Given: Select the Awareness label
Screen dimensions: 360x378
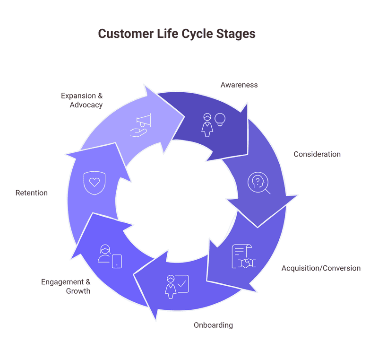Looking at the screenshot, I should coord(239,85).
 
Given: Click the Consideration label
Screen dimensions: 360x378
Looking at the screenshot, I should coord(317,154).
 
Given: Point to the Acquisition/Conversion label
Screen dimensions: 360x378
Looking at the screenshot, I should coord(321,268).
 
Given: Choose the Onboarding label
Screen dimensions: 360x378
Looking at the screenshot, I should coord(213,325).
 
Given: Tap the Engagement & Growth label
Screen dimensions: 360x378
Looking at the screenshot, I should coord(66,286).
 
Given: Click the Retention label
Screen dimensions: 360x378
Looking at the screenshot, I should coord(32,193).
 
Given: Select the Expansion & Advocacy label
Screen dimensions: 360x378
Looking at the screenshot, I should coord(82,100).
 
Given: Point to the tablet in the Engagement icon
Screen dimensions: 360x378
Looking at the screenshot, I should coord(117,261).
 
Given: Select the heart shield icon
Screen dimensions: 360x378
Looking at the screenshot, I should coord(94,183).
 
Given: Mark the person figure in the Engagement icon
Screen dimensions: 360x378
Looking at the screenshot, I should coord(104,254).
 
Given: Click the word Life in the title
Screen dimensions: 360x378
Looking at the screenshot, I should coord(167,34).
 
